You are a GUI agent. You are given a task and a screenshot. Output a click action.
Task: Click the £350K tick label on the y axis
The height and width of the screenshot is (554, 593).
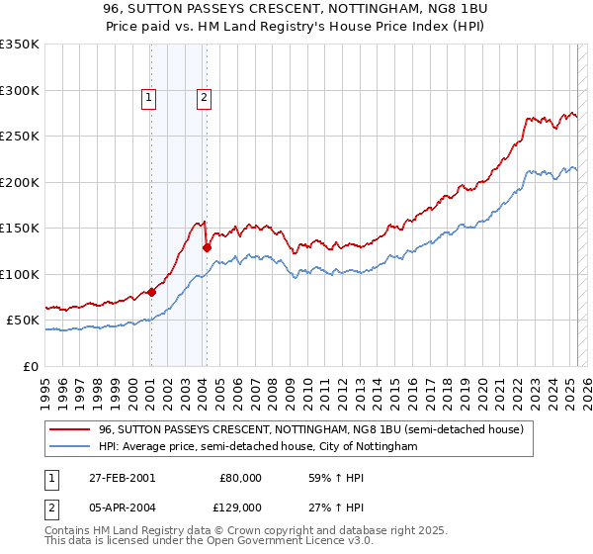click(19, 45)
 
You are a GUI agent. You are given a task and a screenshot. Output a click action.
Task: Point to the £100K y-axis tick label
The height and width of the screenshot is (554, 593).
click(19, 274)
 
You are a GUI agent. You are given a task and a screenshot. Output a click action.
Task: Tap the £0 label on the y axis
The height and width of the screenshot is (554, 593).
click(30, 366)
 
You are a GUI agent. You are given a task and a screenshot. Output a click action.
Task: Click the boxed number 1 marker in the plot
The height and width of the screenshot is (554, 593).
click(148, 97)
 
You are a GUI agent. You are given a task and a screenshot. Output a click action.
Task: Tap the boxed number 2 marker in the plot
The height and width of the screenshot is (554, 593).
click(204, 97)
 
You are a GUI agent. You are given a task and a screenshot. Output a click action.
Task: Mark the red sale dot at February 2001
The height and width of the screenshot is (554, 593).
click(152, 292)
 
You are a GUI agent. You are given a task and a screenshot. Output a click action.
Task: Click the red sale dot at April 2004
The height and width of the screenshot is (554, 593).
click(207, 248)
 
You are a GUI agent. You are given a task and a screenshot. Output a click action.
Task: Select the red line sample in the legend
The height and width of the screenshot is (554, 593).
click(70, 429)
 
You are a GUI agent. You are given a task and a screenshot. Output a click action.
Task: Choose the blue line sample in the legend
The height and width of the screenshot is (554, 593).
click(70, 447)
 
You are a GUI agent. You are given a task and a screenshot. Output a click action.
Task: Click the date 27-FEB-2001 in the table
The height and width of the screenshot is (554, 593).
click(121, 477)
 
